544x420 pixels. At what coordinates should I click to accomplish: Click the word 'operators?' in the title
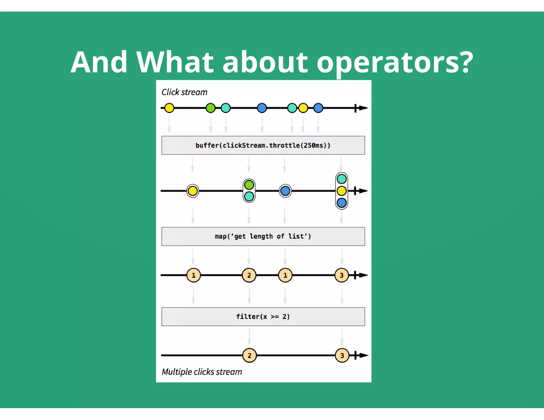click(x=395, y=63)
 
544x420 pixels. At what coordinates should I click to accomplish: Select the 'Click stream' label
click(x=184, y=92)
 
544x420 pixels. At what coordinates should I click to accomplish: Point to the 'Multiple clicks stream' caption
click(x=202, y=372)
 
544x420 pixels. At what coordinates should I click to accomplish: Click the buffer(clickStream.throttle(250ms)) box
click(x=263, y=145)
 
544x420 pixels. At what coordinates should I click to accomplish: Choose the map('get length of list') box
click(x=263, y=236)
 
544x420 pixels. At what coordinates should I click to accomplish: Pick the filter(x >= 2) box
click(x=263, y=316)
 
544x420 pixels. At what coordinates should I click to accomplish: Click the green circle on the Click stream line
click(x=211, y=108)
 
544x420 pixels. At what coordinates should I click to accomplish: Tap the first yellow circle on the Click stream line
click(x=169, y=108)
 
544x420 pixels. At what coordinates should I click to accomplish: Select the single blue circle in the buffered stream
click(x=285, y=191)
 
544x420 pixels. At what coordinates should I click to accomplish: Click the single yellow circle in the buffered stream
click(x=193, y=191)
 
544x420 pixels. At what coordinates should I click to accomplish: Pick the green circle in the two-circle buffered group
click(x=249, y=185)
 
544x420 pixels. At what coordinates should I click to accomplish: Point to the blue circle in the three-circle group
click(x=342, y=203)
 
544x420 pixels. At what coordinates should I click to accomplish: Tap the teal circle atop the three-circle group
click(x=342, y=179)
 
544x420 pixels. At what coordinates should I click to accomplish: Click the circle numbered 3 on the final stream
click(x=342, y=355)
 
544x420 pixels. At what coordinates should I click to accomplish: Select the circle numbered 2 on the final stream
click(x=249, y=355)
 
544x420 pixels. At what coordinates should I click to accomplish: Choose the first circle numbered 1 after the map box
click(x=193, y=275)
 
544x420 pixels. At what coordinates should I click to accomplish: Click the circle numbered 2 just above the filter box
click(x=249, y=275)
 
